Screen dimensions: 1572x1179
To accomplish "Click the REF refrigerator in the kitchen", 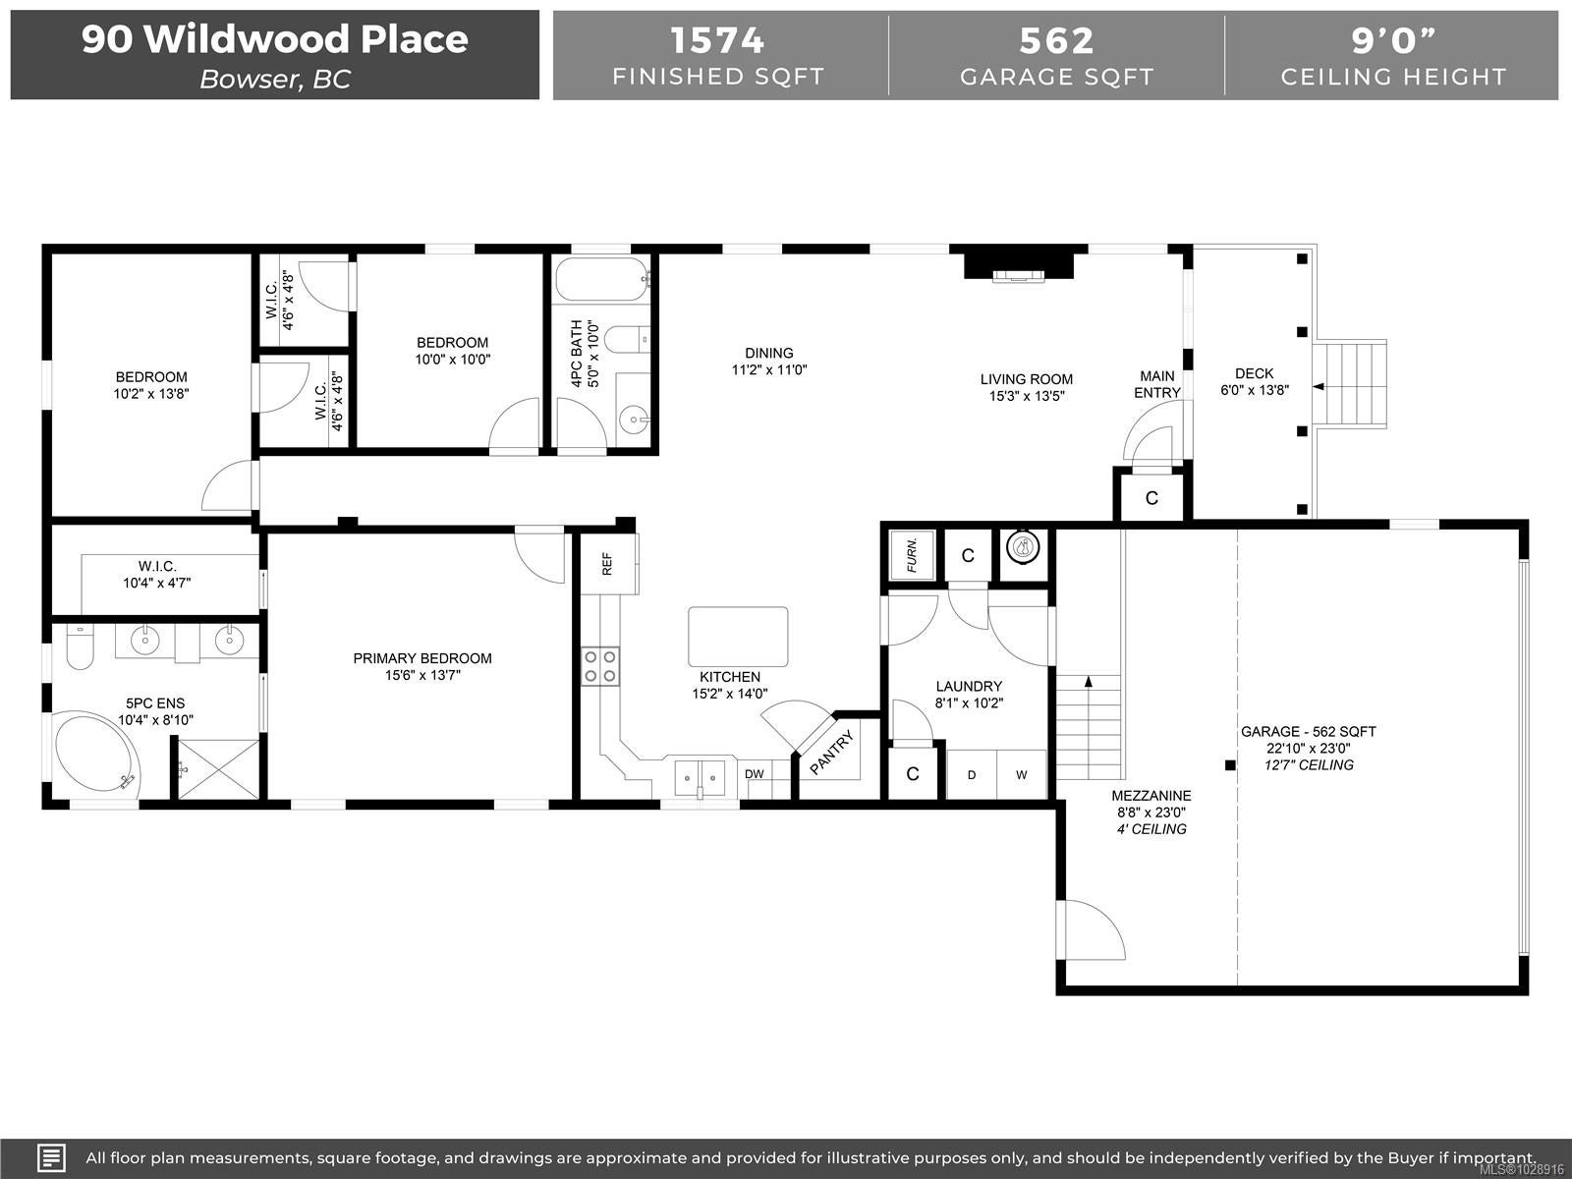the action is pos(608,563).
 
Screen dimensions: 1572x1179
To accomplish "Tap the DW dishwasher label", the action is pos(754,774).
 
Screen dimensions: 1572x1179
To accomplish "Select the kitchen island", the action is pos(738,637).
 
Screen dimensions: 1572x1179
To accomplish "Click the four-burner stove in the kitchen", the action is pos(600,666).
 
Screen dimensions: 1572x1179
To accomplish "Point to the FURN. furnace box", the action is pos(912,555).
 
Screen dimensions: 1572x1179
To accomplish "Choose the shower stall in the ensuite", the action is pos(218,769).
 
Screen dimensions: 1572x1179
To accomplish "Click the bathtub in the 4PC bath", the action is pos(602,279).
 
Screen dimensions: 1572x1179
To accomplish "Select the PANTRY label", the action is pos(831,753).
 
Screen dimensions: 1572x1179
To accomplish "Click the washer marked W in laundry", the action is pos(1021,774).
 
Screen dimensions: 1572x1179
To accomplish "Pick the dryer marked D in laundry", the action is pos(971,774).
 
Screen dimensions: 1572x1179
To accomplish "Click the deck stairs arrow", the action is pos(1319,386).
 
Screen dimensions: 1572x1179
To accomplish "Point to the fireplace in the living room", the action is pos(1019,265).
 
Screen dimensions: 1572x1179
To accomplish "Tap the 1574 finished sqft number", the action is pos(717,40).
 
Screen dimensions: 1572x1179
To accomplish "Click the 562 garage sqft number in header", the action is pos(1056,40).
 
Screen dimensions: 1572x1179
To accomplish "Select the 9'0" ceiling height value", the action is pos(1393,40).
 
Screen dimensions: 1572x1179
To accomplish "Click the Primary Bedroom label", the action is pos(422,658).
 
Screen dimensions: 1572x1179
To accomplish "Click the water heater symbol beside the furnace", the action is pos(1023,547).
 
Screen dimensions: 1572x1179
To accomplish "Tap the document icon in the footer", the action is pos(51,1156).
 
